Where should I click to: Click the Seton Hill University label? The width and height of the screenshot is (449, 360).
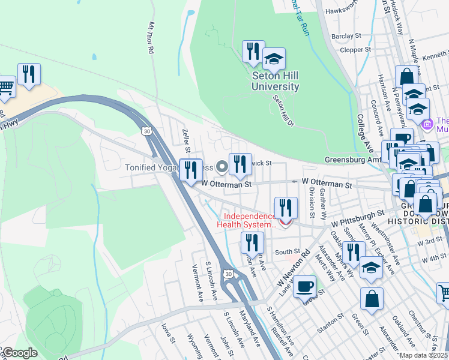275,81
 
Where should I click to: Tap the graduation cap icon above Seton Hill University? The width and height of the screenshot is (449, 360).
274,59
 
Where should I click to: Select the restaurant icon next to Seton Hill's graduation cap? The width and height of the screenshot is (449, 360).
253,51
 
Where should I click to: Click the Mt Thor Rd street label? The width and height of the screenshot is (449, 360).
151,38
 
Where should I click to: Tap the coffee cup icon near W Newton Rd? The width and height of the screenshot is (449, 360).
305,285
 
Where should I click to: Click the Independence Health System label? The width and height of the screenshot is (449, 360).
249,220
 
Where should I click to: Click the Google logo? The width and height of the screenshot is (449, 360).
19,353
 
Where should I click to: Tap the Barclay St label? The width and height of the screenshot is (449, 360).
346,36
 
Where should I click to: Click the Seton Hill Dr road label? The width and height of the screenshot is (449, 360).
283,111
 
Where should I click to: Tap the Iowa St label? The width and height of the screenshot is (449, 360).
167,335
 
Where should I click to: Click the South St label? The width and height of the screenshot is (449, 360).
288,252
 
